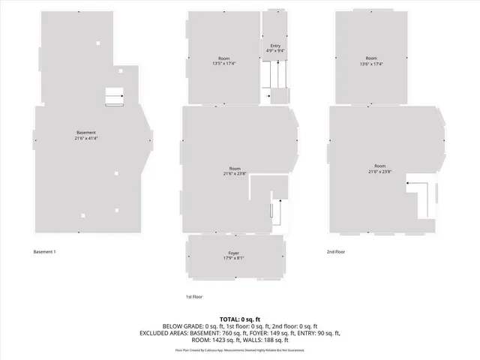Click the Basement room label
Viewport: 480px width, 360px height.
(85, 133)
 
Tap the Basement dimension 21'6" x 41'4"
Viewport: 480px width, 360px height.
(85, 139)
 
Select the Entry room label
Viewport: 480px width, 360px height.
(274, 46)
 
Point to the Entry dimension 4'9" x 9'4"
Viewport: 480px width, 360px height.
(274, 51)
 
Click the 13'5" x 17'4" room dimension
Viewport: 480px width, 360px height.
(223, 64)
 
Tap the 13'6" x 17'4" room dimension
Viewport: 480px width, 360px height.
(370, 64)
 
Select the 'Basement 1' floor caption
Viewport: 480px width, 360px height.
(44, 251)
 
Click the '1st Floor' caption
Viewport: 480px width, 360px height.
(194, 297)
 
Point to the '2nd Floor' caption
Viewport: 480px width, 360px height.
(336, 251)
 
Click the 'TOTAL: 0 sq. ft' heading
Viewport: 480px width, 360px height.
(240, 319)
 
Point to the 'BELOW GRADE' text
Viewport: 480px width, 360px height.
(159, 326)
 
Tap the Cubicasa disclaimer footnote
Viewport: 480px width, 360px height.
(240, 349)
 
